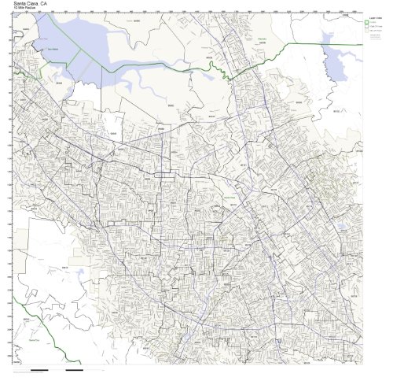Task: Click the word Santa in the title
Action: [11, 3]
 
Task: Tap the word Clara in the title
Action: [26, 3]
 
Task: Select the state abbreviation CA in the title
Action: [38, 3]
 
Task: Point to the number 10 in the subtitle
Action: [6, 9]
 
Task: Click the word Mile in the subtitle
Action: [13, 9]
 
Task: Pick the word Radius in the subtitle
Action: [22, 9]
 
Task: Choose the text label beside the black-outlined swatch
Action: [376, 26]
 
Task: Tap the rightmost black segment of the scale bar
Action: [75, 369]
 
